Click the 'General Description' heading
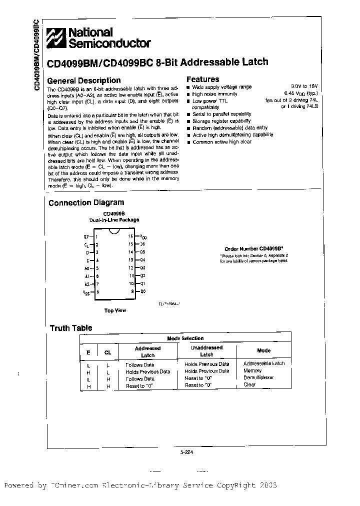83,80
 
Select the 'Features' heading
202,79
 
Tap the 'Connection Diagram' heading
86,202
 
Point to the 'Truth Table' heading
70,328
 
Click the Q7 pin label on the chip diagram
86,236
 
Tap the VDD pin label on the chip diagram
143,236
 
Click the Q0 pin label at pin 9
142,291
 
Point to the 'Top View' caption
115,310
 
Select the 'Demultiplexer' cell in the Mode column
258,378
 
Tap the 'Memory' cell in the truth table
252,371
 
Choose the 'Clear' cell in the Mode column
249,385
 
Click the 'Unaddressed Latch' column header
206,351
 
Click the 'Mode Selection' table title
185,338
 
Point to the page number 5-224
186,452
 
